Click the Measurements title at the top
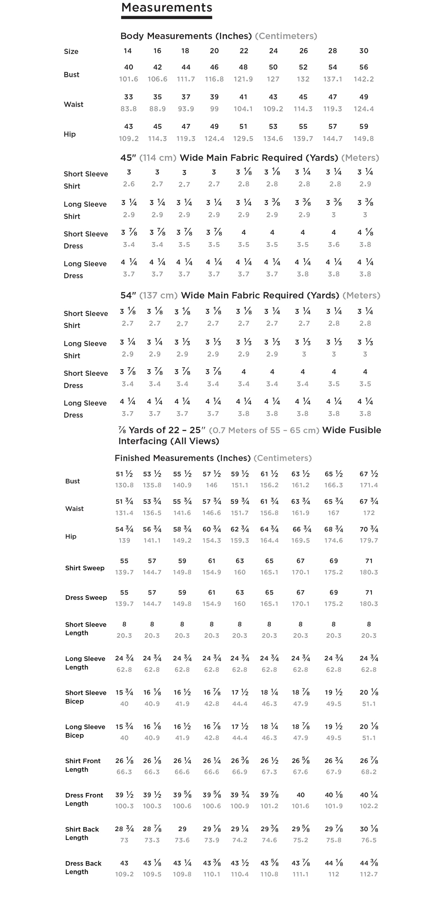[x=167, y=8]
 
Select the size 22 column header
[x=244, y=51]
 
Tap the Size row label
[x=71, y=52]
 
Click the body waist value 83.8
[x=128, y=109]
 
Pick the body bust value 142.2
[x=364, y=79]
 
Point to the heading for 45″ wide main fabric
[x=249, y=158]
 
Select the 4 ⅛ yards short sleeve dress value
[x=365, y=233]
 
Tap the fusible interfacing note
[x=249, y=435]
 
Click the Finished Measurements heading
[x=213, y=458]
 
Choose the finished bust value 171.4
[x=369, y=485]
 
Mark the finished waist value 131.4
[x=124, y=513]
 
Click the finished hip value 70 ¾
[x=369, y=529]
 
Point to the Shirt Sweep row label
[x=84, y=568]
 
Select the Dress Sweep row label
[x=86, y=598]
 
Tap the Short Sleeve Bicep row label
[x=86, y=697]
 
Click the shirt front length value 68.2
[x=369, y=771]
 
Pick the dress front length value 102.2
[x=369, y=806]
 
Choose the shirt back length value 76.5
[x=369, y=840]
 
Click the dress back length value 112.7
[x=369, y=874]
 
